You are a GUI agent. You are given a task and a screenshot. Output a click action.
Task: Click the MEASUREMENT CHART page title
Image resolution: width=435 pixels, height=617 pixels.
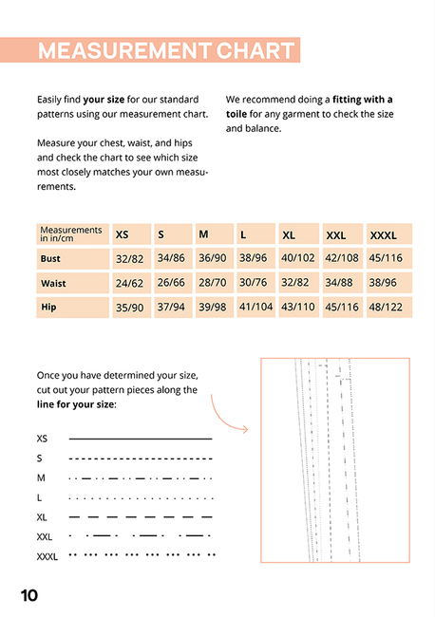pyautogui.click(x=165, y=50)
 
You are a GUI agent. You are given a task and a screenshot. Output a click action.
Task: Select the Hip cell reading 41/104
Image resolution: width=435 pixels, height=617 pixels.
pyautogui.click(x=255, y=307)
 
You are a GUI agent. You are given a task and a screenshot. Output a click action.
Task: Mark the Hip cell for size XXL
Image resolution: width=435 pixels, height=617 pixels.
pyautogui.click(x=342, y=307)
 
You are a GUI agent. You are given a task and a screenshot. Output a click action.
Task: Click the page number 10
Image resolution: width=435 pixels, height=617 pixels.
pyautogui.click(x=29, y=595)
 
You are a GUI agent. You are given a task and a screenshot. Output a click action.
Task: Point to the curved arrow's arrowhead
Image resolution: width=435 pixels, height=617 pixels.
pyautogui.click(x=245, y=430)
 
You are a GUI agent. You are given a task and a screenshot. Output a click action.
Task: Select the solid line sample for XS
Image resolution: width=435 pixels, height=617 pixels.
pyautogui.click(x=141, y=439)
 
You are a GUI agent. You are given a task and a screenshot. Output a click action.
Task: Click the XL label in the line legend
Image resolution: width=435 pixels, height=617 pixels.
pyautogui.click(x=42, y=517)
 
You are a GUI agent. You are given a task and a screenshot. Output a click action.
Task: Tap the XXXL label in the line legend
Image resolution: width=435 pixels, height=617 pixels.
pyautogui.click(x=47, y=557)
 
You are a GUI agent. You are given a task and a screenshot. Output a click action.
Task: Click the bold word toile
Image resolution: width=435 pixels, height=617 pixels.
pyautogui.click(x=236, y=114)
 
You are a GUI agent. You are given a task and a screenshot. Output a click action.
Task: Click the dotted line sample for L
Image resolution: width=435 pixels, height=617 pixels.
pyautogui.click(x=141, y=498)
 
